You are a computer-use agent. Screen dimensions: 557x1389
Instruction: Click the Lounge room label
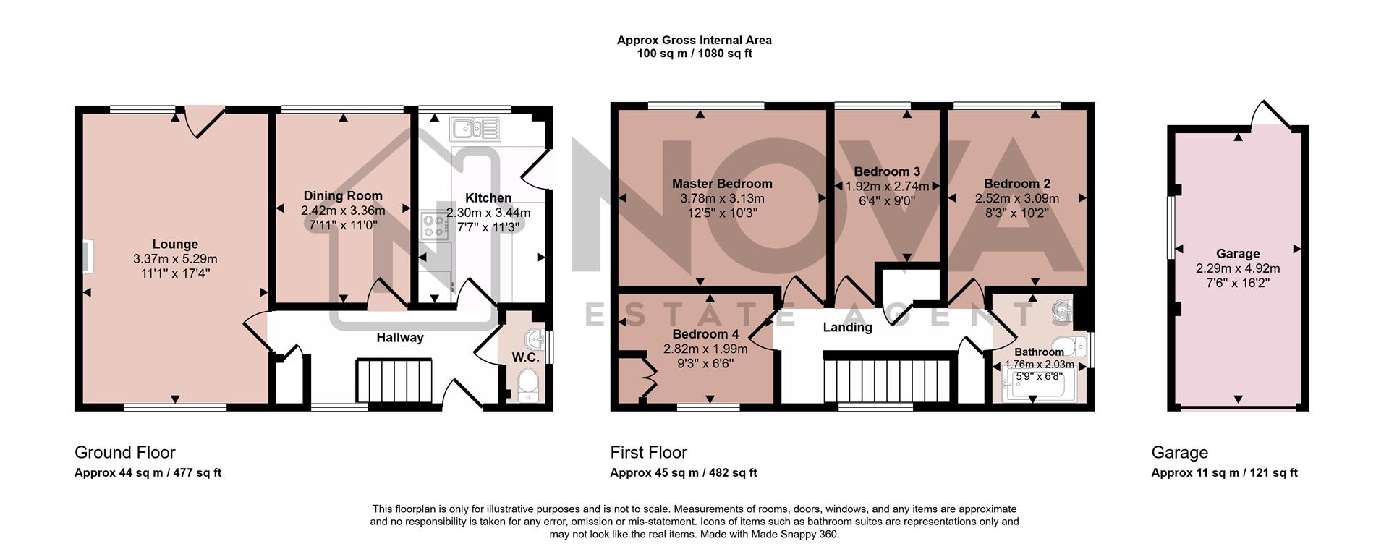pyautogui.click(x=175, y=245)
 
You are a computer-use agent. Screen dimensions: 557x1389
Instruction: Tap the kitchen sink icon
pyautogui.click(x=475, y=129)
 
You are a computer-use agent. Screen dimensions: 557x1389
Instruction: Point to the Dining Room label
pyautogui.click(x=343, y=196)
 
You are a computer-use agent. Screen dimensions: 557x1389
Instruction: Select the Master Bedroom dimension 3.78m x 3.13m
pyautogui.click(x=722, y=198)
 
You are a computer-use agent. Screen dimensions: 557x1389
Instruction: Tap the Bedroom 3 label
pyautogui.click(x=887, y=172)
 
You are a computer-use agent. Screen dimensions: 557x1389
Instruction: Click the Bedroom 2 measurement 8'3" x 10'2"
pyautogui.click(x=1016, y=213)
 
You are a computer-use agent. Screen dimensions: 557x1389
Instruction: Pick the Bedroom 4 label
pyautogui.click(x=705, y=334)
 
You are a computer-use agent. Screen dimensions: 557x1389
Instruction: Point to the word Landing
pyautogui.click(x=847, y=328)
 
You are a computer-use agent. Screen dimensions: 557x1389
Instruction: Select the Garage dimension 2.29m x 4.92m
pyautogui.click(x=1238, y=268)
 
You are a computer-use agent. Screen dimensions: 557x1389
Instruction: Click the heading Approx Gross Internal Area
pyautogui.click(x=694, y=41)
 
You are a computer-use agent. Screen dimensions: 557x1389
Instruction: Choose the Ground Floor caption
pyautogui.click(x=125, y=453)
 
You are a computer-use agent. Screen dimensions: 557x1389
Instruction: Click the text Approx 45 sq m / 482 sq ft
pyautogui.click(x=683, y=473)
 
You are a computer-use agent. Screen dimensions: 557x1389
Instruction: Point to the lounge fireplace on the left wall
pyautogui.click(x=87, y=258)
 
